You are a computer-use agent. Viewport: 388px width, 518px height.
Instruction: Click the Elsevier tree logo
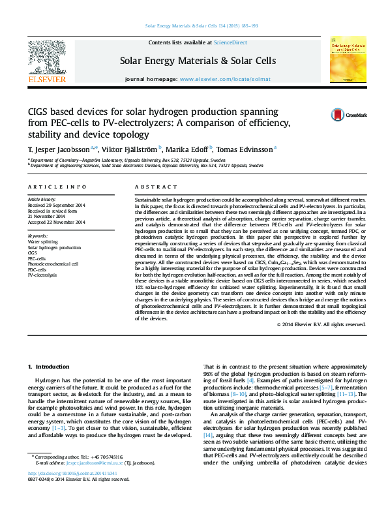[46, 57]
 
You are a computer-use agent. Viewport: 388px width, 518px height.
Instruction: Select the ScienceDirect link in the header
[231, 42]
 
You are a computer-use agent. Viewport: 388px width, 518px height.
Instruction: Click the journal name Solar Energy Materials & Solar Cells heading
[198, 61]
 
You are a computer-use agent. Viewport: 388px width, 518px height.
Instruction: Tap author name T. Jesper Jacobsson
[58, 149]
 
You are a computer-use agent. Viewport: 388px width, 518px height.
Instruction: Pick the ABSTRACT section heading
[151, 187]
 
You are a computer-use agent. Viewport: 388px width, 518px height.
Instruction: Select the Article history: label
[41, 198]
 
